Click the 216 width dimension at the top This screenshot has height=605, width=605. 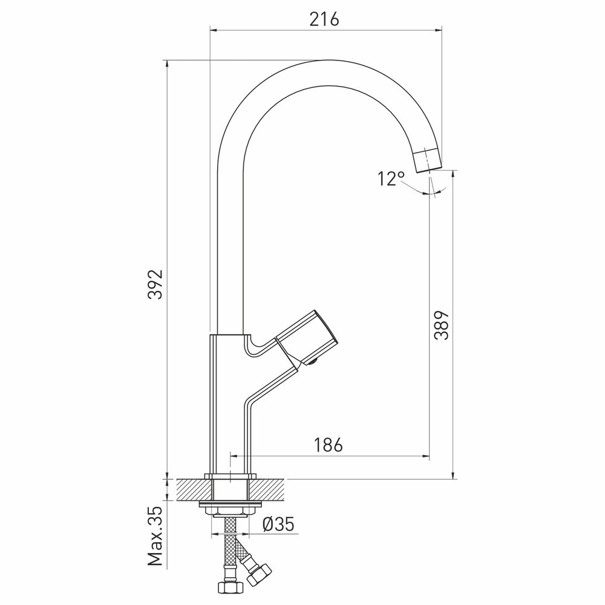click(324, 19)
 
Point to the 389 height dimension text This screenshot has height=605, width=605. click(442, 325)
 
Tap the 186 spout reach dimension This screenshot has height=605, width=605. click(328, 445)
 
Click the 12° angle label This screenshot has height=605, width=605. click(391, 179)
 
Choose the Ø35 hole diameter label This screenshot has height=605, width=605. click(278, 524)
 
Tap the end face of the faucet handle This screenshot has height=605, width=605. click(325, 331)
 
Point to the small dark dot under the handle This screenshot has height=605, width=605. click(312, 363)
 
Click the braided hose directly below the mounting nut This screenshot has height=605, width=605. click(230, 535)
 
